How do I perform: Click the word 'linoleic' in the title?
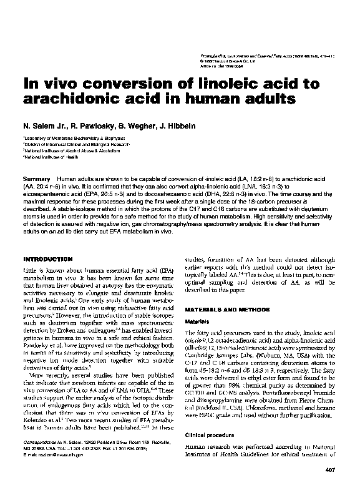207,84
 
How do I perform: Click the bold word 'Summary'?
36,179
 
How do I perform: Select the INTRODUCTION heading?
49,258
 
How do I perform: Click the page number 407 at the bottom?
331,485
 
